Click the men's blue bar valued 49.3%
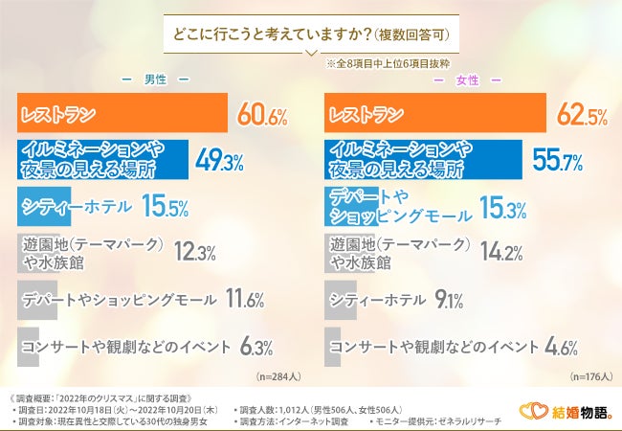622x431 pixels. [x=103, y=159]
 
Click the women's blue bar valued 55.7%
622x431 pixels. [x=424, y=159]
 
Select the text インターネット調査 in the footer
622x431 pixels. [x=319, y=420]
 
